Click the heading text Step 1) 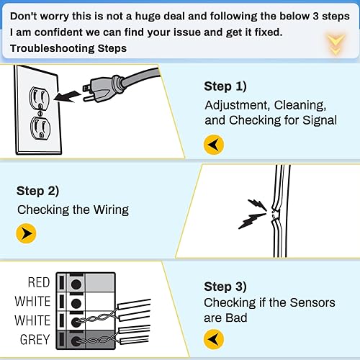click(225, 86)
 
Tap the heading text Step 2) click(37, 192)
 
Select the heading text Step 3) click(225, 286)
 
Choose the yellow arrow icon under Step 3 click(214, 338)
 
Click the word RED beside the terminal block click(39, 282)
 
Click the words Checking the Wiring click(72, 210)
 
